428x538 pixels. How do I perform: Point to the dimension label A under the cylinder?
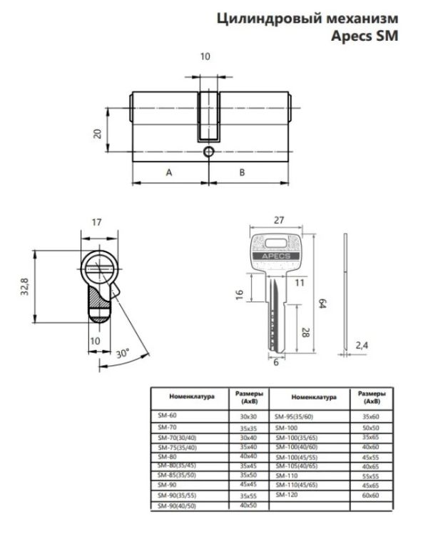click(x=169, y=172)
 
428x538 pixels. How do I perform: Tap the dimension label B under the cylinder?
click(x=242, y=172)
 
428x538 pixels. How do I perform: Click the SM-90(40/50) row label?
click(x=175, y=505)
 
